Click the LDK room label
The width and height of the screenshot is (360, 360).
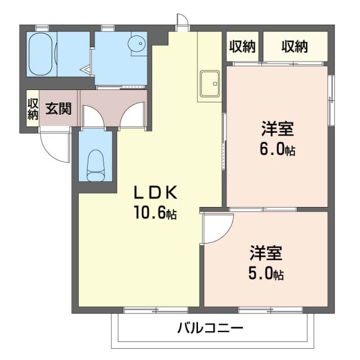click(155, 192)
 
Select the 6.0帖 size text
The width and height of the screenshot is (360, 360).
click(277, 150)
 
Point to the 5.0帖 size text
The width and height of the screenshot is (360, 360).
click(267, 274)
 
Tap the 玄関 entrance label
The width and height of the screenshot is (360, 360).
click(58, 108)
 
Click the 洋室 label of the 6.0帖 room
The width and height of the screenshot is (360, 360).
click(277, 129)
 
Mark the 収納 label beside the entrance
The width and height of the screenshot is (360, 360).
click(33, 109)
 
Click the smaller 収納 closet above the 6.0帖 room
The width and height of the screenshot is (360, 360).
click(242, 47)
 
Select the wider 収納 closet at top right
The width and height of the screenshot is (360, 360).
click(295, 47)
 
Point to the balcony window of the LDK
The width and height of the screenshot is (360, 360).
click(148, 309)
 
